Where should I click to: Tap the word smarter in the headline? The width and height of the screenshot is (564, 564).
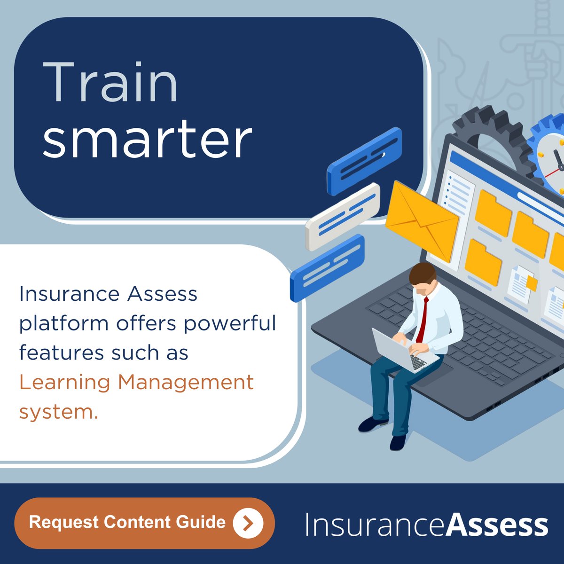[147, 139]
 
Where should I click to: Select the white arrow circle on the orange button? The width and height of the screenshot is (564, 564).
[248, 523]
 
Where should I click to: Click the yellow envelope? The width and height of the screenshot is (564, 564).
[422, 220]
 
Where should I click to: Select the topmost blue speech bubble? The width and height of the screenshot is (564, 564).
[365, 161]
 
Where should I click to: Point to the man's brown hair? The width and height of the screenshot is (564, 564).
[422, 273]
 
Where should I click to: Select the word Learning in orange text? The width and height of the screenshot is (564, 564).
[64, 382]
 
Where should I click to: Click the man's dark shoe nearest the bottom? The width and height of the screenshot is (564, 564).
[398, 442]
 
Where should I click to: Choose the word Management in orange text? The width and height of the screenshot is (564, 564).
[186, 383]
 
